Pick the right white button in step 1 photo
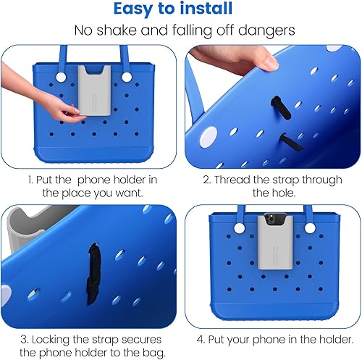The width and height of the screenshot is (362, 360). pyautogui.click(x=127, y=77)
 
